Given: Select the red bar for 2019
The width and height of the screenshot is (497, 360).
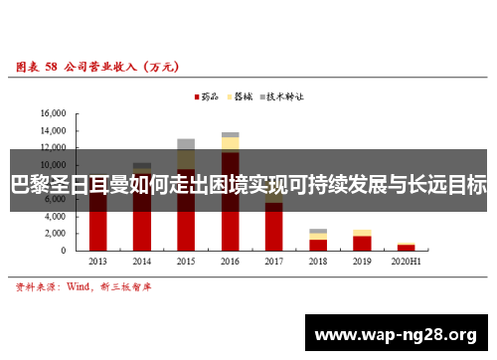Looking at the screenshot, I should point(362,242).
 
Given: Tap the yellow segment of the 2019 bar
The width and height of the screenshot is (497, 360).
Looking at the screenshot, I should point(362,233).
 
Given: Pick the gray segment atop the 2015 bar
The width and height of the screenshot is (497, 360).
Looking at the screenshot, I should point(186,143).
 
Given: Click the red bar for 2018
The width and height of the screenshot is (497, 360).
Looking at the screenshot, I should point(318,244).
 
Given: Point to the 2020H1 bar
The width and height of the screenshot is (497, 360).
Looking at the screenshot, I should point(406,246).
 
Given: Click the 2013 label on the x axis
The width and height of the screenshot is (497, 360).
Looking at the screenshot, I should point(97,261).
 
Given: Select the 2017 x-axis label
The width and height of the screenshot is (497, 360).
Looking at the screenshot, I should point(273,261).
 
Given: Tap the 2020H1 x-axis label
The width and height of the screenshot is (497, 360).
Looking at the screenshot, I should point(406,261).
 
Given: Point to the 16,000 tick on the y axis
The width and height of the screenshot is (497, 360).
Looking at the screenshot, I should point(52,113).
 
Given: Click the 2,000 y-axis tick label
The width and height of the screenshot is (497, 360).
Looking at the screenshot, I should point(54,233).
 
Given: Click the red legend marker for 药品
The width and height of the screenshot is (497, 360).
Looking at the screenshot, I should point(196,97).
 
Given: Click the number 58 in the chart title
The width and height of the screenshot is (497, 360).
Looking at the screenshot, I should point(50,68).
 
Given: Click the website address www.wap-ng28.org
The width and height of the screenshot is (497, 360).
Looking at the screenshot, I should point(396,332).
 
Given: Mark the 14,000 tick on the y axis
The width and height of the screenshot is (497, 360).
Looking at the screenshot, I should point(52,130).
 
